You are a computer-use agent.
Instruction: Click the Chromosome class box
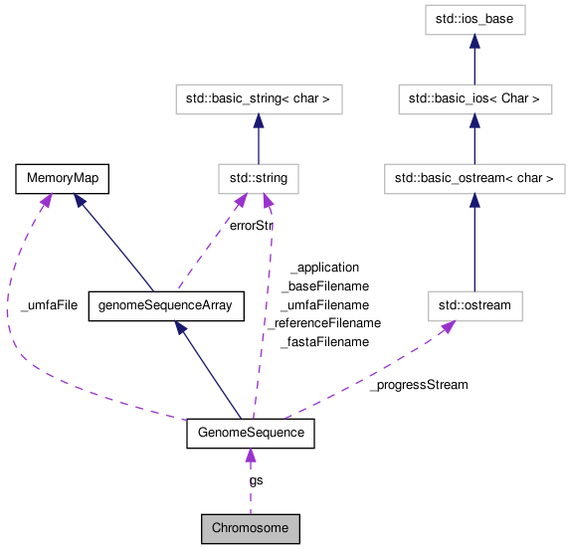coord(250,526)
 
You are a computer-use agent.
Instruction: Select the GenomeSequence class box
coord(251,434)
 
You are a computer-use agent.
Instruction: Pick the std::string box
coord(259,179)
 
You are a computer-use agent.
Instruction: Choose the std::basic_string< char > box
coord(259,99)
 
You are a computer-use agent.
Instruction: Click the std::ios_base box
coord(475,19)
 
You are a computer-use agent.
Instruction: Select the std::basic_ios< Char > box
coord(475,99)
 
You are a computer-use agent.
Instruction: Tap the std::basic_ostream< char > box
coord(475,179)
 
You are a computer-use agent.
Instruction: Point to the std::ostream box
coord(475,305)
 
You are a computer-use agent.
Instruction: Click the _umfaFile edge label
coord(49,305)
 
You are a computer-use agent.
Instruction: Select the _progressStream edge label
coord(418,384)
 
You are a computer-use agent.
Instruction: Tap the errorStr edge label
coord(251,226)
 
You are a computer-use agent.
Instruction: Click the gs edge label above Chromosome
coord(257,479)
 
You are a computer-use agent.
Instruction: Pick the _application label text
coord(324,268)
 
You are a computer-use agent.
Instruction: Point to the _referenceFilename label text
coord(324,323)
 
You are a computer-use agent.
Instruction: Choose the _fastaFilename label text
coord(324,342)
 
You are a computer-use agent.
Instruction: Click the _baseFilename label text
coord(324,286)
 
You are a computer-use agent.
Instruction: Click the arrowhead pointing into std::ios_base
coord(475,41)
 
